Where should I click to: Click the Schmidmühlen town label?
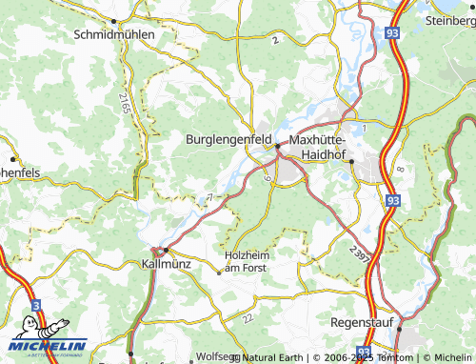pyautogui.click(x=113, y=33)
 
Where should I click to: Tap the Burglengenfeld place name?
pyautogui.click(x=228, y=138)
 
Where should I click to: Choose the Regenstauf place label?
pyautogui.click(x=361, y=323)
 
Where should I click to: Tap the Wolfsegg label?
pyautogui.click(x=216, y=357)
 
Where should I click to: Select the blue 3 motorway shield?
pyautogui.click(x=36, y=305)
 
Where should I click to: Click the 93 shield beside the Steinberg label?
pyautogui.click(x=392, y=31)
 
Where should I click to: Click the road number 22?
pyautogui.click(x=247, y=317)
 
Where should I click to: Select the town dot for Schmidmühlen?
pyautogui.click(x=113, y=21)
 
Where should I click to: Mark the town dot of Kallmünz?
pyautogui.click(x=165, y=250)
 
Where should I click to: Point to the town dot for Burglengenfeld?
pyautogui.click(x=277, y=147)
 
